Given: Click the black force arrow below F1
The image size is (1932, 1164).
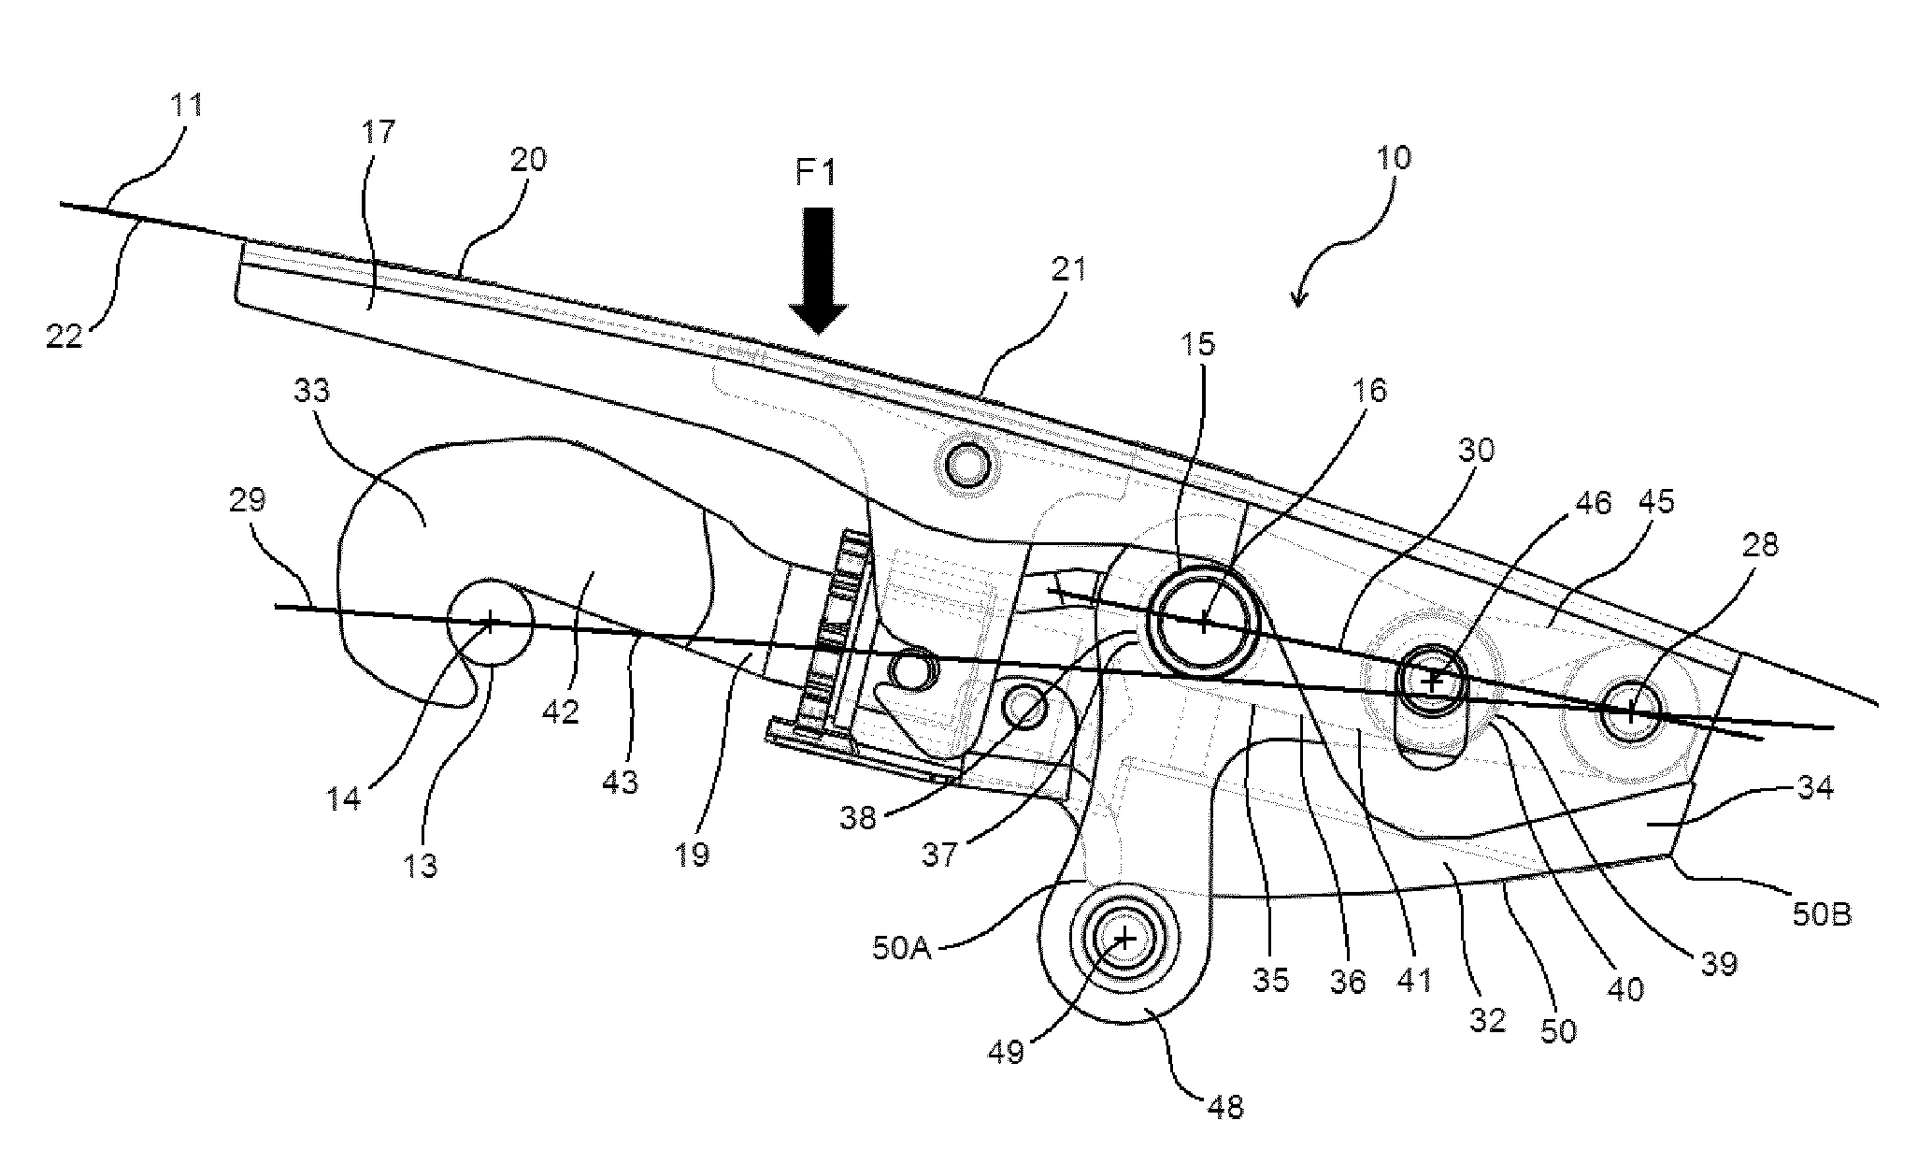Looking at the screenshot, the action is coord(818,271).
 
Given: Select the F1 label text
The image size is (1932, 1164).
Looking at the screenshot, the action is coord(815,173).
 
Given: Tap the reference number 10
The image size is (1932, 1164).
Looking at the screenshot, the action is coord(1394,157).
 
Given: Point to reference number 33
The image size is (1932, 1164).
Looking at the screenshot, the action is coord(311,390).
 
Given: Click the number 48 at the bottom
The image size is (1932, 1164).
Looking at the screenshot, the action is coord(1226,1108).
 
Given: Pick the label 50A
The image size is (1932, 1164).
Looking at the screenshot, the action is coord(903,950).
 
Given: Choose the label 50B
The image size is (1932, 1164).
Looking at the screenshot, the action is coord(1822,913).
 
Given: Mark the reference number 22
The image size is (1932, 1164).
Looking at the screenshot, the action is coord(65,336).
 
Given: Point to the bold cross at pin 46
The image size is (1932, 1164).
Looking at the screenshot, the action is coord(1432,682).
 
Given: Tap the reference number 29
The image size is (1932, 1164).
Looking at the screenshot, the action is coord(247,500).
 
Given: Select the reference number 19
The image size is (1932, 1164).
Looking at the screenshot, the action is coord(693,855).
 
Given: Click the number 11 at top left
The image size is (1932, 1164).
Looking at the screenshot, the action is coord(187,105).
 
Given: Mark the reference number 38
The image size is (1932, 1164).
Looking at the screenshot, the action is coord(858,817).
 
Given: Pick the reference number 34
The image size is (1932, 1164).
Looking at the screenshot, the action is coord(1814,787).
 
